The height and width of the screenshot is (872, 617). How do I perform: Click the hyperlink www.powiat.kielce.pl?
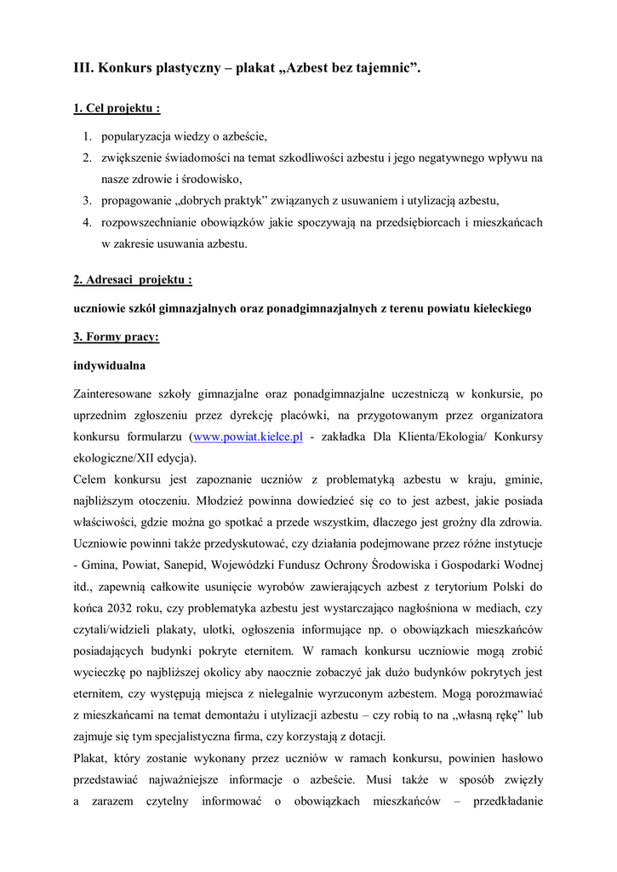(x=249, y=437)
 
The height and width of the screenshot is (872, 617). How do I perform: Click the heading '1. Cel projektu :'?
(x=117, y=109)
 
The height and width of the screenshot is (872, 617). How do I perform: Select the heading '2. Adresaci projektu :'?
(x=133, y=279)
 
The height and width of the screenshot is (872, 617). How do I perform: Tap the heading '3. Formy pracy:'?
(x=116, y=336)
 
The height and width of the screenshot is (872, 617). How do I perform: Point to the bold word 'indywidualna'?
(x=110, y=365)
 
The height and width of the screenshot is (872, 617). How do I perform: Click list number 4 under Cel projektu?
(x=87, y=222)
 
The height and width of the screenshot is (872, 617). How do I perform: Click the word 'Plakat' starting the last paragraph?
(x=91, y=758)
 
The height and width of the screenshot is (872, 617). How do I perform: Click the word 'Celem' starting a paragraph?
(x=91, y=479)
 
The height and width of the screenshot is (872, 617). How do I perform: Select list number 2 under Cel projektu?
(x=87, y=158)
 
